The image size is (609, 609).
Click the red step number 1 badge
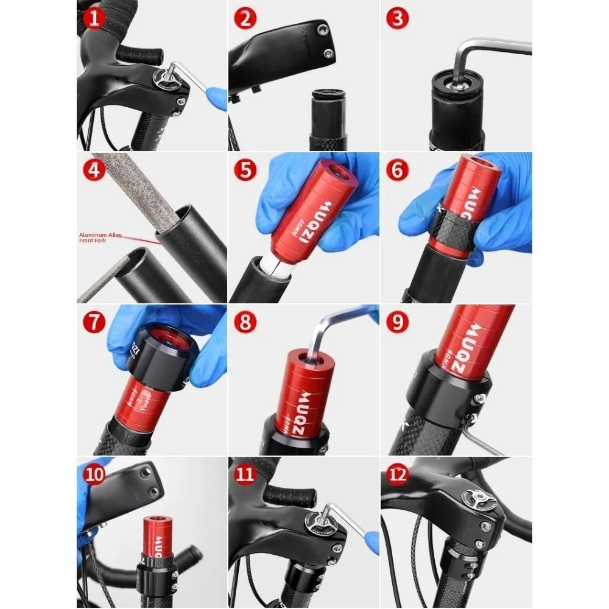click(x=94, y=18)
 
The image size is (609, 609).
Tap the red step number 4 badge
click(x=94, y=169)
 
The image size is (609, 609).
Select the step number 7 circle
click(x=94, y=322)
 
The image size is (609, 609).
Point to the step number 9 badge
click(x=397, y=322)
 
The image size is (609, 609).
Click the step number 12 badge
click(x=397, y=474)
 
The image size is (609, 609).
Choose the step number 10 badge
click(x=94, y=474)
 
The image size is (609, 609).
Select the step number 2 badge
click(x=245, y=18)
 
